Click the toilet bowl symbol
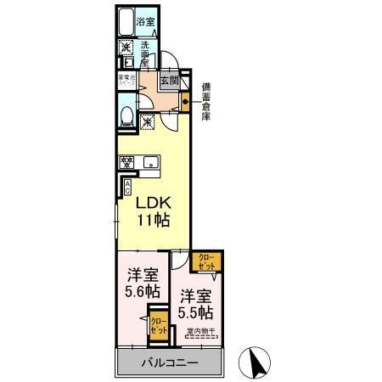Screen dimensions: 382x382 [126, 116]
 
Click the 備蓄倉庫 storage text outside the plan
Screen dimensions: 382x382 [205, 100]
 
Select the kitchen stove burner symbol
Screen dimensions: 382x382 [126, 162]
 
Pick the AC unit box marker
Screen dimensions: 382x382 [127, 187]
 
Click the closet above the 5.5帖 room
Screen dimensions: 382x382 [207, 260]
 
